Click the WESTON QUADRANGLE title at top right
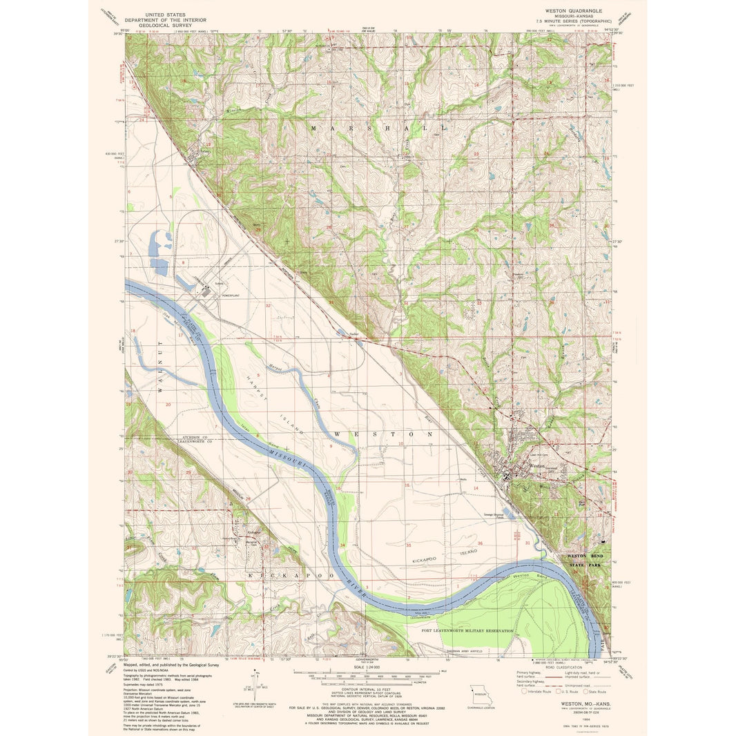(574, 11)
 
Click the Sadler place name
(354, 333)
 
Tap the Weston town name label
(536, 466)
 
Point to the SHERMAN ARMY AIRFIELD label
(461, 650)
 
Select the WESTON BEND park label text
(585, 555)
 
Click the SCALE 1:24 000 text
(367, 666)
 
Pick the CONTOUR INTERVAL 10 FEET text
(367, 689)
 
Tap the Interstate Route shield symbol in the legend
(524, 690)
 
